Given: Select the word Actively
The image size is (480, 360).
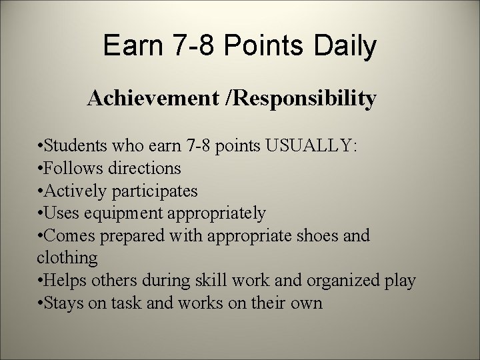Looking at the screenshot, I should click(x=75, y=191).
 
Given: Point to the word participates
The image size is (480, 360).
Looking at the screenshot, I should click(x=154, y=191).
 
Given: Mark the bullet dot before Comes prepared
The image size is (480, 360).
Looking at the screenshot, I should click(x=41, y=235).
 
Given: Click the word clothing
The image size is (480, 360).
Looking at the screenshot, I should click(x=67, y=258).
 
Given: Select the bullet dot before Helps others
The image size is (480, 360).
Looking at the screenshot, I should click(x=41, y=280).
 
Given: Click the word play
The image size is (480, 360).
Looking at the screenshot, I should click(x=400, y=281).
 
